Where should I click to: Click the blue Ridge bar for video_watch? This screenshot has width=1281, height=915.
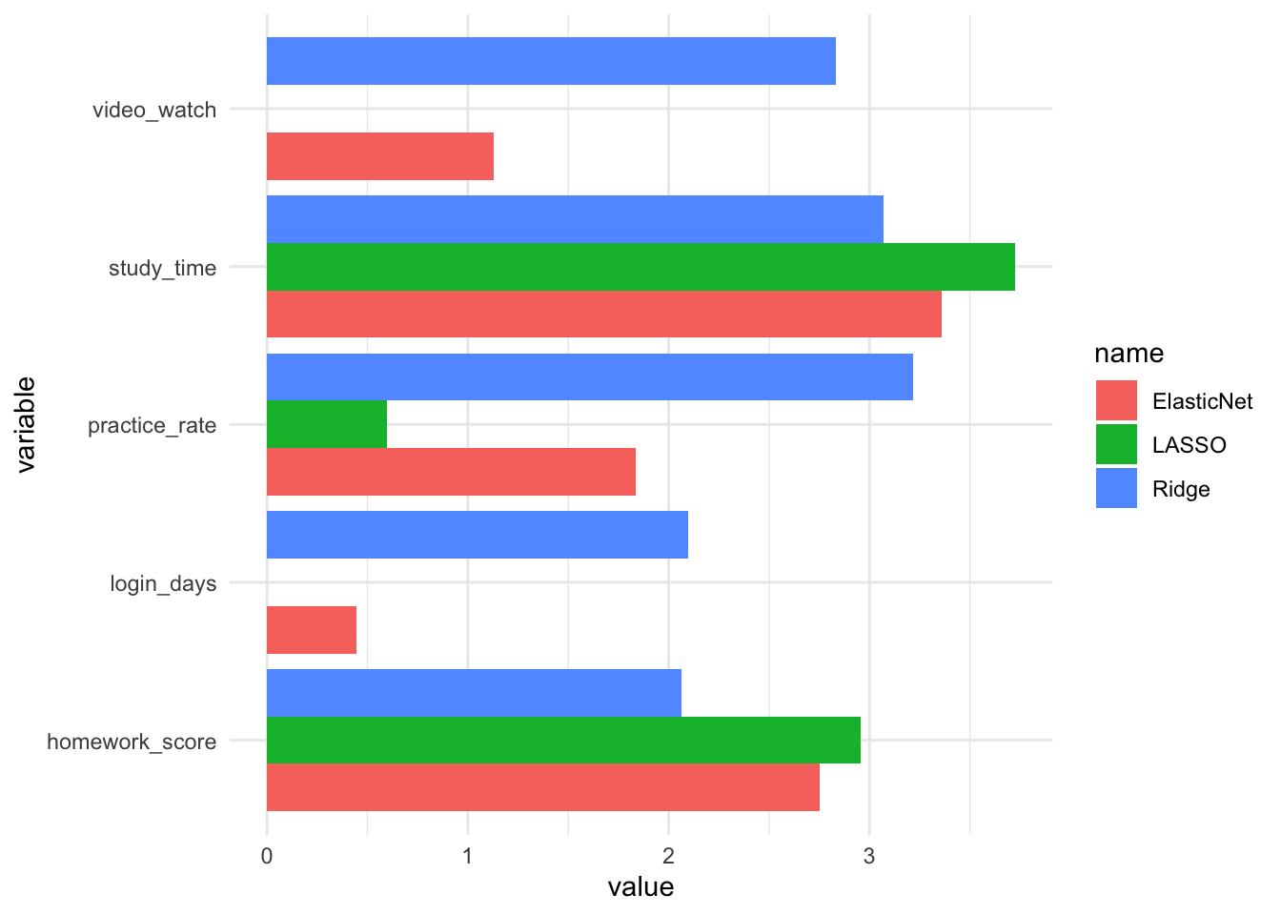click(551, 61)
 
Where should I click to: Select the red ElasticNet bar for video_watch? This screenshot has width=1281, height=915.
click(379, 156)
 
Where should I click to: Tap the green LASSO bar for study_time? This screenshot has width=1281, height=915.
click(640, 267)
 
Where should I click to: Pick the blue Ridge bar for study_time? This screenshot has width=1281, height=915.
click(575, 219)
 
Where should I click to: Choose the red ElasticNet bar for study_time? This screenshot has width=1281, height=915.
click(603, 315)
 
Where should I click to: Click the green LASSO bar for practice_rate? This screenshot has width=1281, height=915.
click(326, 424)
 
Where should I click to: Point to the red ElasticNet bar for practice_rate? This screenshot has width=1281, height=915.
click(451, 472)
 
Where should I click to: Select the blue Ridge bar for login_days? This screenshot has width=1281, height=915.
click(477, 535)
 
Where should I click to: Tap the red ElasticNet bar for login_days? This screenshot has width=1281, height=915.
click(311, 630)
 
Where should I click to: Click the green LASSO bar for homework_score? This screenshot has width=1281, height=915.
click(563, 740)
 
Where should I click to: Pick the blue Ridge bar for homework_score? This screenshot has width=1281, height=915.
click(474, 693)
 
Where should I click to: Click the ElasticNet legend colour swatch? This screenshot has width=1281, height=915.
click(1116, 401)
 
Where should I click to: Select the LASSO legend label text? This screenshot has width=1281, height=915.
click(1189, 445)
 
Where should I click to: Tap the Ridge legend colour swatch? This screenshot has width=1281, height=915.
click(1116, 489)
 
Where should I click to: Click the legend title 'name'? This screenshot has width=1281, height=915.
click(1128, 354)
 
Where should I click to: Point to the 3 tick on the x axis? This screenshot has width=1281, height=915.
click(869, 856)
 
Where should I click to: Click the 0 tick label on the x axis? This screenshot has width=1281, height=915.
click(267, 856)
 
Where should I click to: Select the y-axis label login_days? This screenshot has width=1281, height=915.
click(163, 583)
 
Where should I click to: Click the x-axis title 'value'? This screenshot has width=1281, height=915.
click(640, 887)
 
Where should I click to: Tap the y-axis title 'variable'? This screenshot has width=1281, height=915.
click(26, 425)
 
